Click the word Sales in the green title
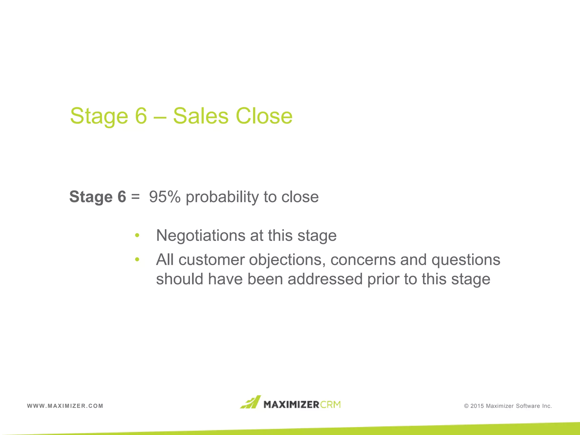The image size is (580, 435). click(x=201, y=116)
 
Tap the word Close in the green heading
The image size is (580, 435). click(x=264, y=116)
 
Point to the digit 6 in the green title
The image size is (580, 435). click(x=141, y=116)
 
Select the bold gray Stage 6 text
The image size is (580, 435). click(x=98, y=197)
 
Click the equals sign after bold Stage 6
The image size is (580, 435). click(x=135, y=197)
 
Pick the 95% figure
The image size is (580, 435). click(x=165, y=197)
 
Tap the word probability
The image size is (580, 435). click(x=222, y=197)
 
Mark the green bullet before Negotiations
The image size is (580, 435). click(x=137, y=235)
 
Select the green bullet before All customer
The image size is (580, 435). click(x=137, y=259)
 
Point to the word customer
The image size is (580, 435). click(x=212, y=260)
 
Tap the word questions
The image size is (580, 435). click(x=466, y=260)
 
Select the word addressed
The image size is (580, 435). click(x=325, y=279)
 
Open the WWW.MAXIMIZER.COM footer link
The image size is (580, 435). click(x=65, y=406)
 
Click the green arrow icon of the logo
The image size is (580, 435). click(x=250, y=402)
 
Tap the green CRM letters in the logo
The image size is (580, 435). click(x=330, y=404)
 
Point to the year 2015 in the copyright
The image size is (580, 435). click(x=477, y=406)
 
